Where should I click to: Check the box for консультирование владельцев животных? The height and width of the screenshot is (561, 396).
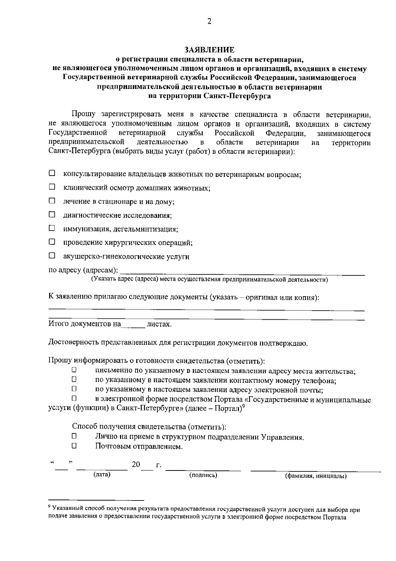52,173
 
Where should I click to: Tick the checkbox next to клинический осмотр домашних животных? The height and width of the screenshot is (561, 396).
52,187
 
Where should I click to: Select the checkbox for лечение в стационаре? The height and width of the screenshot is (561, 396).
52,201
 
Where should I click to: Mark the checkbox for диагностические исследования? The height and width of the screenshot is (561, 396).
52,215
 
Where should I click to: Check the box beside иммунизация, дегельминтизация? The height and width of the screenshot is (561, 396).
52,228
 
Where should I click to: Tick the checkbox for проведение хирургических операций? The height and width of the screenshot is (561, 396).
52,242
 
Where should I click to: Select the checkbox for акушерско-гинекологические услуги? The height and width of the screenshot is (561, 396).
52,256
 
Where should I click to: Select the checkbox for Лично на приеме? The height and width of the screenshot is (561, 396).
74,436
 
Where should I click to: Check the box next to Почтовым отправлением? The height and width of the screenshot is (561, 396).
74,446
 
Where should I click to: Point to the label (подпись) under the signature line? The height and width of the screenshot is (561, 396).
203,475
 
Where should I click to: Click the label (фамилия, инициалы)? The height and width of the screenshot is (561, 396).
315,476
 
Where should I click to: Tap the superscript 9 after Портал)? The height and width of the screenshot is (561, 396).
243,406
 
